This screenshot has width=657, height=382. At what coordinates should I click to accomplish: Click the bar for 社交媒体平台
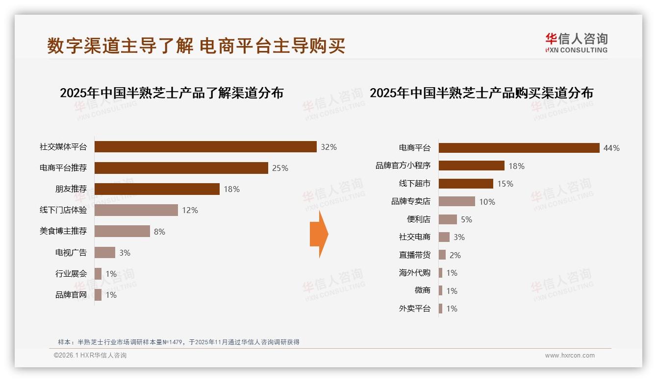tap(205, 147)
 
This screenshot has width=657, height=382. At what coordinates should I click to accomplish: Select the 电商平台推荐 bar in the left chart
tap(181, 168)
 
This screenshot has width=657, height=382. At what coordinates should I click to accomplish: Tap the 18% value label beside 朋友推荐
tap(231, 189)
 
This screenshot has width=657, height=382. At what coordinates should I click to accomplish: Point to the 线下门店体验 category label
tap(63, 210)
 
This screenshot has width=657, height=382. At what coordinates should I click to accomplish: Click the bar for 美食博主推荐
tap(122, 231)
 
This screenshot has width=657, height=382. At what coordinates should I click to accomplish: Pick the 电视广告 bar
tap(105, 253)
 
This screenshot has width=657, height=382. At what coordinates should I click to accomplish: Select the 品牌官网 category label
tap(71, 295)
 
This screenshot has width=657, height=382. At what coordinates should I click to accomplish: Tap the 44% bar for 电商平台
tap(519, 148)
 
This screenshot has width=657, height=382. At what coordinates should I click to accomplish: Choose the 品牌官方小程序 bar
tap(471, 166)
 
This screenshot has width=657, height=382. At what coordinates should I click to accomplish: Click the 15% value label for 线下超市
tap(505, 184)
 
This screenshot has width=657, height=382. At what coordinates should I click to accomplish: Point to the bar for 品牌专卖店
tap(456, 201)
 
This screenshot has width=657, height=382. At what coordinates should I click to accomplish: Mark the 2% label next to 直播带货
tap(455, 255)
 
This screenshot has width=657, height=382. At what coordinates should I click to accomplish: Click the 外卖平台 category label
tap(414, 309)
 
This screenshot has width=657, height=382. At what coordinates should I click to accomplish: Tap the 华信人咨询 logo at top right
tap(576, 43)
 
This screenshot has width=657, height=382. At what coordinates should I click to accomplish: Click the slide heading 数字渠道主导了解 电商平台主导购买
tap(196, 46)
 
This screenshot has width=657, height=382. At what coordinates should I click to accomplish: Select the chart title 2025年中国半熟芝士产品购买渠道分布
tap(481, 93)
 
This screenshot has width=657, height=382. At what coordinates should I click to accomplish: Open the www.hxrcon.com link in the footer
tap(570, 356)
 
